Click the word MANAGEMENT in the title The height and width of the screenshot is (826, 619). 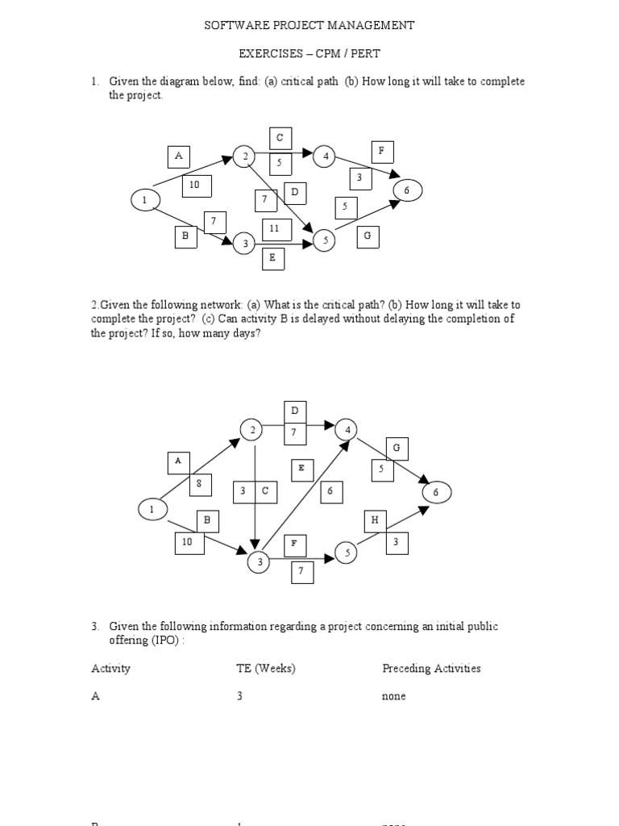pyautogui.click(x=370, y=25)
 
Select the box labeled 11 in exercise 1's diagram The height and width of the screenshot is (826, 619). pyautogui.click(x=274, y=228)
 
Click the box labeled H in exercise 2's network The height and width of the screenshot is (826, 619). pyautogui.click(x=375, y=521)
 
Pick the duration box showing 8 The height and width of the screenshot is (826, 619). pyautogui.click(x=199, y=485)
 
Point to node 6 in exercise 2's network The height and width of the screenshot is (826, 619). pyautogui.click(x=436, y=492)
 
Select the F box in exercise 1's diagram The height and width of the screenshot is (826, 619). pyautogui.click(x=381, y=151)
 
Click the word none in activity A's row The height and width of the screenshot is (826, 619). pyautogui.click(x=394, y=696)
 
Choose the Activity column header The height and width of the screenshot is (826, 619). pyautogui.click(x=110, y=669)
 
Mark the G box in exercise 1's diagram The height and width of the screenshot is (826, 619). pyautogui.click(x=368, y=236)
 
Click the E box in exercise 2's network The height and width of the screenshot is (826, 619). pyautogui.click(x=301, y=468)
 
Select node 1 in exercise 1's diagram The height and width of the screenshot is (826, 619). pyautogui.click(x=144, y=199)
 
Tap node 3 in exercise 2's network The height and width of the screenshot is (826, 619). pyautogui.click(x=260, y=562)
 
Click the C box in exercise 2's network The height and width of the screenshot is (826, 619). pyautogui.click(x=265, y=491)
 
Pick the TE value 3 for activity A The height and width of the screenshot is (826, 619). pyautogui.click(x=239, y=696)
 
